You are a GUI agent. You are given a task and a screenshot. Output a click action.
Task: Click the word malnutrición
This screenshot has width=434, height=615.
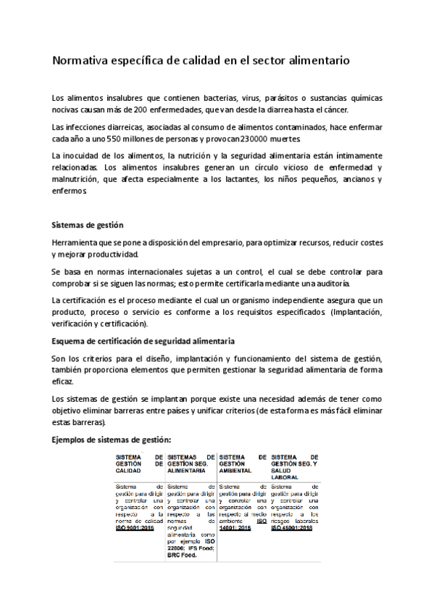click(x=78, y=180)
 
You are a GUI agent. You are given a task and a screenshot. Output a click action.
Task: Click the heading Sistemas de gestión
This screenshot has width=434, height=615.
click(x=88, y=226)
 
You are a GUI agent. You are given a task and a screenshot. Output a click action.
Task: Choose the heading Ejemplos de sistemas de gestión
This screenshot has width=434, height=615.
click(x=112, y=439)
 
